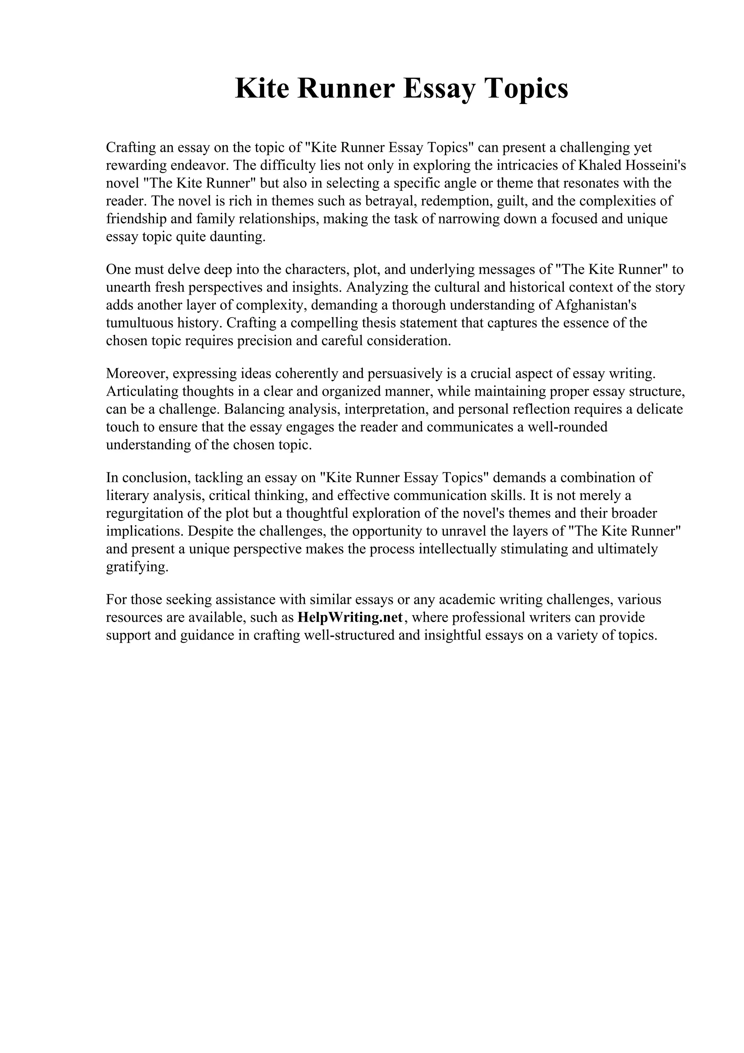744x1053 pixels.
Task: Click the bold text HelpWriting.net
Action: pyautogui.click(x=350, y=617)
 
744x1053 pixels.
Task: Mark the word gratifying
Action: pyautogui.click(x=137, y=567)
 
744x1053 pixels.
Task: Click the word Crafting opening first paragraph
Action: pyautogui.click(x=130, y=147)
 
